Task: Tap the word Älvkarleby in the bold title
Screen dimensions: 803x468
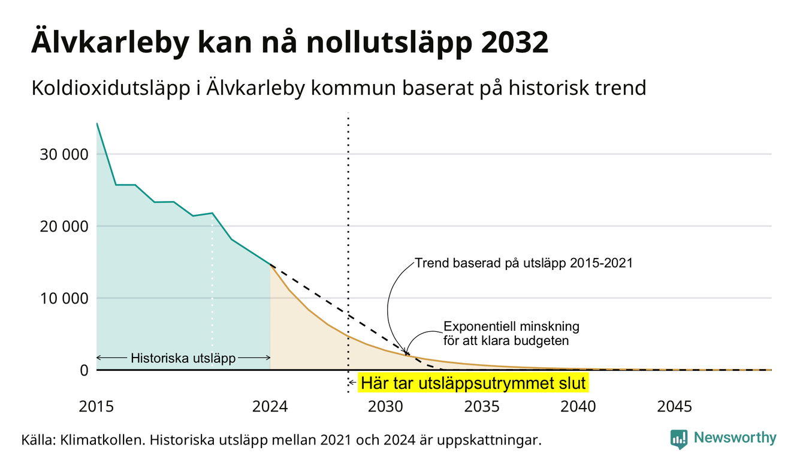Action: point(110,43)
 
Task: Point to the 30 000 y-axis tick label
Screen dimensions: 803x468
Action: point(64,154)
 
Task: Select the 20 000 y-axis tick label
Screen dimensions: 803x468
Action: point(64,226)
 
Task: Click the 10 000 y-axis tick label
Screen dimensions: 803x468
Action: point(64,298)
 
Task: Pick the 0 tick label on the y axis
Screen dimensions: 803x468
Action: point(84,370)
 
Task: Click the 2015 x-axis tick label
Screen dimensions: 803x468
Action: point(96,407)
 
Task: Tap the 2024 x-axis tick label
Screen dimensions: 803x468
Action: point(270,407)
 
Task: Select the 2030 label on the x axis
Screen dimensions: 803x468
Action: point(386,407)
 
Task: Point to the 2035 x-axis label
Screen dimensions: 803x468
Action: point(482,407)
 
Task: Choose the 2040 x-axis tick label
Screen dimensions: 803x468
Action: point(578,407)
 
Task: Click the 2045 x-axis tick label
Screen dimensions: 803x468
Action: point(674,407)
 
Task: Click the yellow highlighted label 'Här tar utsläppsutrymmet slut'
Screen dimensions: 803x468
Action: point(473,383)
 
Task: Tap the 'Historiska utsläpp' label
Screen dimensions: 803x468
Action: point(183,358)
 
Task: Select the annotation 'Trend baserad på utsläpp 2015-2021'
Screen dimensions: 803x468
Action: point(524,263)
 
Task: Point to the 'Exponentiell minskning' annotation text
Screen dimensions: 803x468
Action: point(511,326)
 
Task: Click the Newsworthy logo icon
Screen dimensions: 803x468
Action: point(679,439)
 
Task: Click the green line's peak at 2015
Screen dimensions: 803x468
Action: point(97,123)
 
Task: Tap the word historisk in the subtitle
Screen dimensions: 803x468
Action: point(549,88)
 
